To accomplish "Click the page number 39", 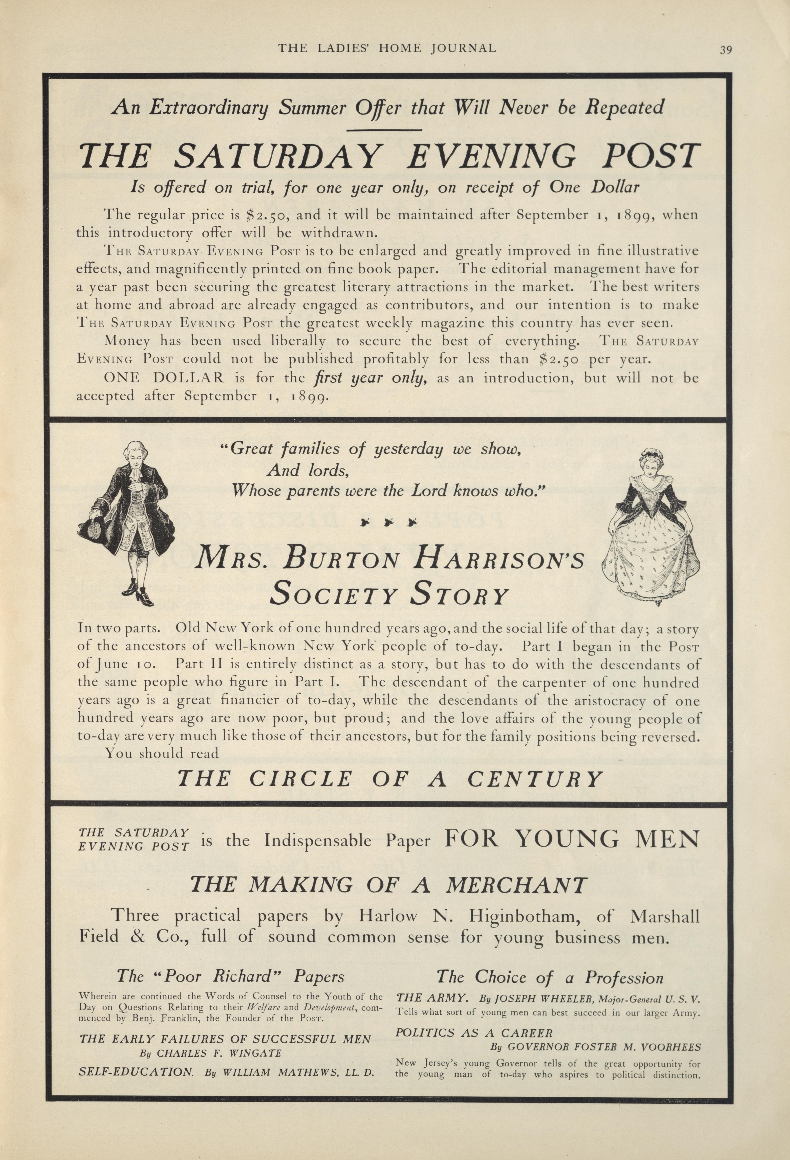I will coord(725,49).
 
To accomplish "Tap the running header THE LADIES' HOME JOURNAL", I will coord(386,48).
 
